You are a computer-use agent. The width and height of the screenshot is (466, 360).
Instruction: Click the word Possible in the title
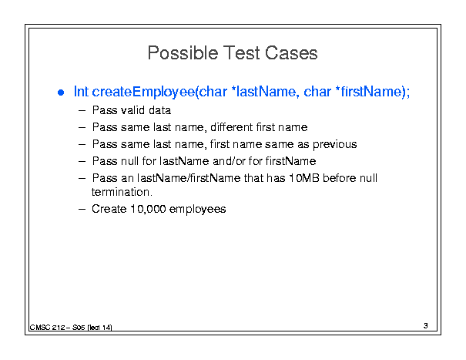pyautogui.click(x=183, y=53)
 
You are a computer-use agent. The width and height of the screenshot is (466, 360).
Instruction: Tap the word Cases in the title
pyautogui.click(x=291, y=53)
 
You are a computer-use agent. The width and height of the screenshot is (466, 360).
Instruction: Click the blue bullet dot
pyautogui.click(x=61, y=93)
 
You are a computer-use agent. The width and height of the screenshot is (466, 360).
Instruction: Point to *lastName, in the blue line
pyautogui.click(x=265, y=91)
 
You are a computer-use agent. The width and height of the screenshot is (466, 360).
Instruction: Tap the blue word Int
pyautogui.click(x=81, y=91)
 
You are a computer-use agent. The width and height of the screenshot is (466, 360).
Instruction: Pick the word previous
pyautogui.click(x=334, y=145)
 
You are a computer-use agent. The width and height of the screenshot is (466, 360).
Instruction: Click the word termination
pyautogui.click(x=122, y=192)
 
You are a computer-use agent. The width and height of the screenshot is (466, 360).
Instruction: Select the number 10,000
pyautogui.click(x=148, y=209)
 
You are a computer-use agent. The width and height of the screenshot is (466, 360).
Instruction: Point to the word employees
pyautogui.click(x=198, y=210)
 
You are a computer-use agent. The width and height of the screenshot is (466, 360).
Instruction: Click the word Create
pyautogui.click(x=109, y=209)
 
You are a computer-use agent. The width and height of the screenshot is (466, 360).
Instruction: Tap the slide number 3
pyautogui.click(x=426, y=326)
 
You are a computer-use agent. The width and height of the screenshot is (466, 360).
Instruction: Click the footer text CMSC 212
pyautogui.click(x=47, y=328)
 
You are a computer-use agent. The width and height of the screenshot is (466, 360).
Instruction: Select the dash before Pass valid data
pyautogui.click(x=82, y=111)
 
